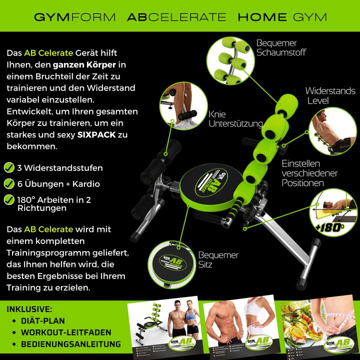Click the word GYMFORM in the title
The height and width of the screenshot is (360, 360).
tap(75, 17)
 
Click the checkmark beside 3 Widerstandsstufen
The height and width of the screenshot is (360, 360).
tap(9, 167)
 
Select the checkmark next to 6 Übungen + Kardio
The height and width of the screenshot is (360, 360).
tap(9, 183)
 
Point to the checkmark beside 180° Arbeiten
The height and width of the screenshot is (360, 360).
tap(9, 199)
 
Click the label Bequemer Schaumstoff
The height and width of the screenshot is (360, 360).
tap(281, 47)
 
